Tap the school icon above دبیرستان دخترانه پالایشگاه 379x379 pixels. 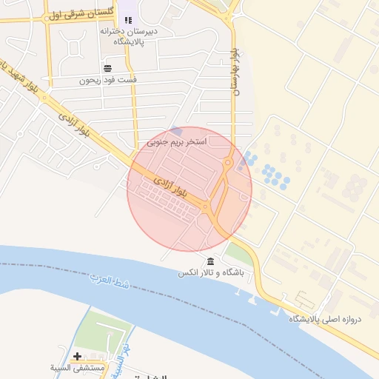(129, 21)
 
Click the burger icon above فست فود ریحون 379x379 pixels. (107, 68)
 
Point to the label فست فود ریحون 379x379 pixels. (108, 79)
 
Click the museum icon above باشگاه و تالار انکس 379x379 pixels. (212, 262)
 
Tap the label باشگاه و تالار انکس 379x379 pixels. (210, 273)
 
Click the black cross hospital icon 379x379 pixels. (77, 356)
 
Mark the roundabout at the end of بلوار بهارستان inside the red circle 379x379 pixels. (229, 163)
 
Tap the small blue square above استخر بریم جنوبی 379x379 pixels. (175, 131)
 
